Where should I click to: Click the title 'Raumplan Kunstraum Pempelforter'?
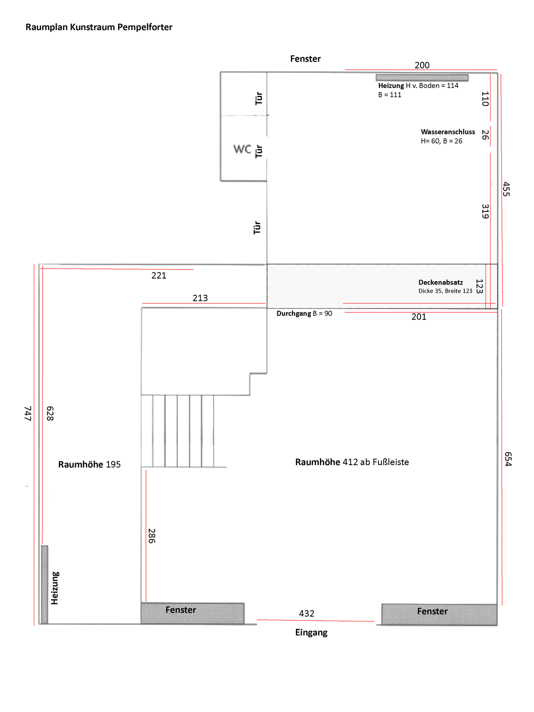tap(99, 27)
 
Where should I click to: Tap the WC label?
tap(242, 149)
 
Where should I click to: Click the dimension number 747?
tap(28, 413)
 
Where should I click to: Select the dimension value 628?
tap(50, 413)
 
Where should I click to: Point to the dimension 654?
tap(508, 459)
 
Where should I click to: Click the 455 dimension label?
tap(506, 189)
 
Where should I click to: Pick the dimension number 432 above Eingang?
tap(307, 614)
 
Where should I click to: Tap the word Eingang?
tap(311, 633)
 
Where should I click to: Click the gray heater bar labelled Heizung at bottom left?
tap(44, 584)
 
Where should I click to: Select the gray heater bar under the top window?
tap(422, 78)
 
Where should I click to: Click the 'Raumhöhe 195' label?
tap(89, 465)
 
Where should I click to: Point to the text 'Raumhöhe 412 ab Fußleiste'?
tap(352, 462)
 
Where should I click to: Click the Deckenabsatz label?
tap(441, 282)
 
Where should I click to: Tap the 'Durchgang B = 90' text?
tap(305, 313)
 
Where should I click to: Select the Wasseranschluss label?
tap(448, 132)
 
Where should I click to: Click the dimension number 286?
tap(152, 536)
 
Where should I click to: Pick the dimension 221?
tap(159, 276)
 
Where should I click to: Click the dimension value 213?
tap(200, 298)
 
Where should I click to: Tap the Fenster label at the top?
tap(305, 59)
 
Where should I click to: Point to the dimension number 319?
tap(485, 211)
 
